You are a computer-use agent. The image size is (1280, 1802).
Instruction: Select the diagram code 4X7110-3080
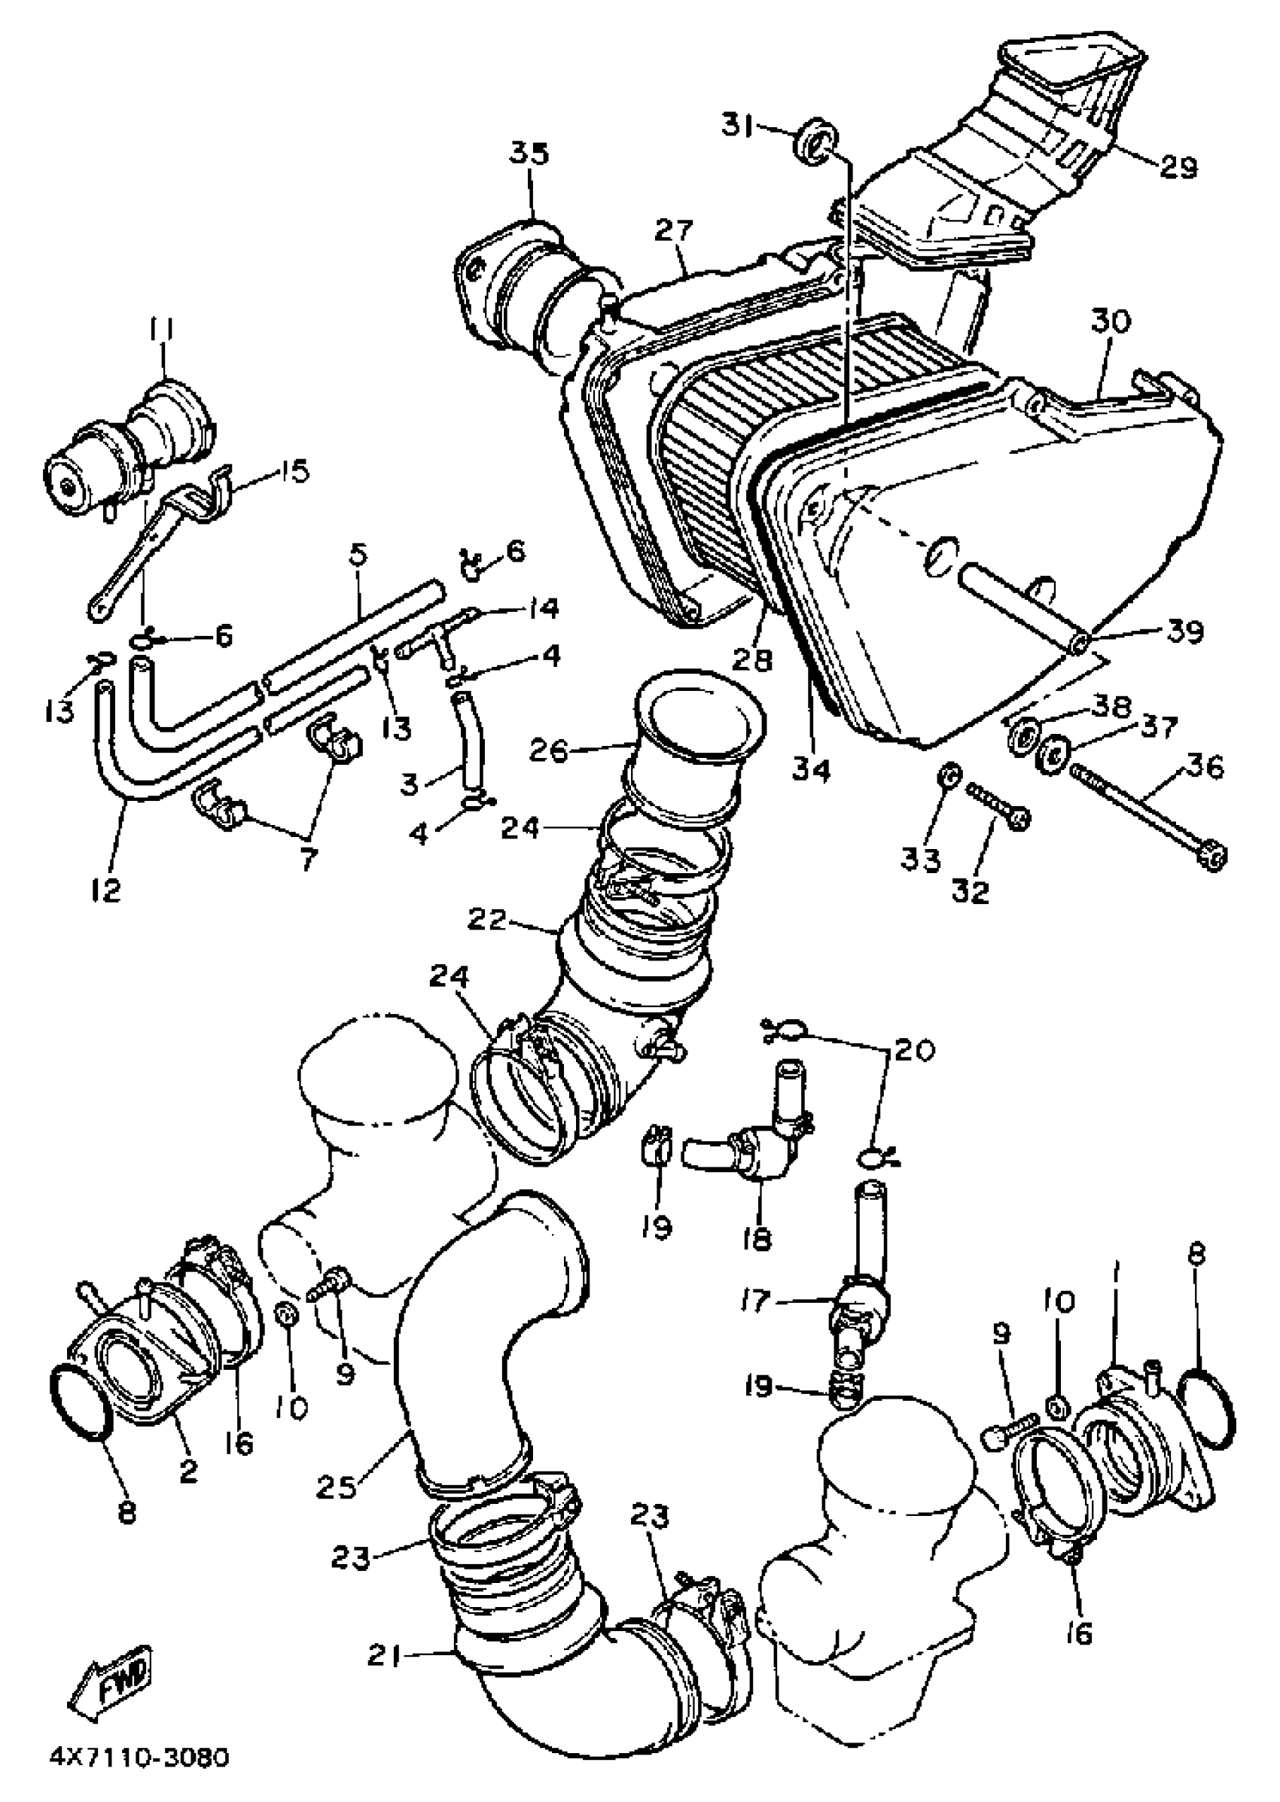tap(139, 1774)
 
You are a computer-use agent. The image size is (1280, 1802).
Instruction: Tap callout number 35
tap(529, 154)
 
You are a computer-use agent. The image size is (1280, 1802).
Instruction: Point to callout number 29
tap(1178, 167)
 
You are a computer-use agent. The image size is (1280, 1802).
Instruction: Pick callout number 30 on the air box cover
tap(1111, 321)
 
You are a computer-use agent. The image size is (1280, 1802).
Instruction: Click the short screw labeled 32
tap(997, 802)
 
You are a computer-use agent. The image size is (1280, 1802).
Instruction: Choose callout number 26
tap(548, 751)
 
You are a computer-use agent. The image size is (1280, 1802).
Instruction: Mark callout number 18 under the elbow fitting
tap(757, 1240)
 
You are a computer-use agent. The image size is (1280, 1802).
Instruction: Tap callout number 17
tap(754, 1301)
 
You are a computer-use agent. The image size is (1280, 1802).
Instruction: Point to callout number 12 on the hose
tap(106, 890)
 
